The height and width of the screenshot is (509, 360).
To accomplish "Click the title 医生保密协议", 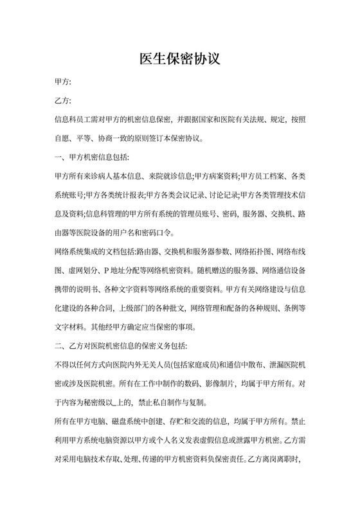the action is click(x=180, y=60).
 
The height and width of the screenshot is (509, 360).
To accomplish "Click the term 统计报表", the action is click(x=127, y=194).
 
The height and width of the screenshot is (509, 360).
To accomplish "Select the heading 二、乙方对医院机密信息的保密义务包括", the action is click(x=122, y=346).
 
